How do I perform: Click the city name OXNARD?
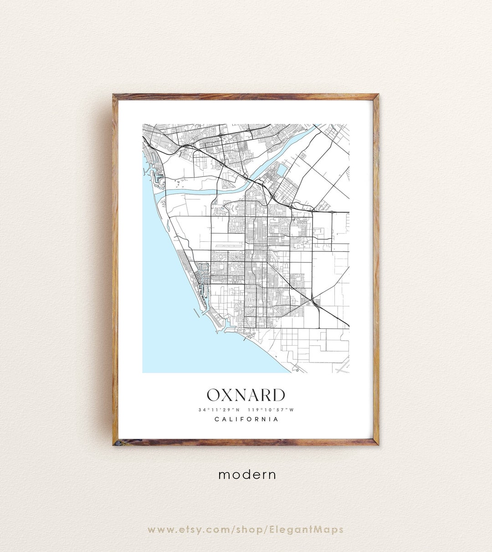pyautogui.click(x=246, y=395)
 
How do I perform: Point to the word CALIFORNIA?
pyautogui.click(x=246, y=419)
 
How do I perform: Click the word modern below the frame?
pyautogui.click(x=247, y=475)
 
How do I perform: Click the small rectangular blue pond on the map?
pyautogui.click(x=282, y=170)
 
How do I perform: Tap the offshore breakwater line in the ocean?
pyautogui.click(x=196, y=313)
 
